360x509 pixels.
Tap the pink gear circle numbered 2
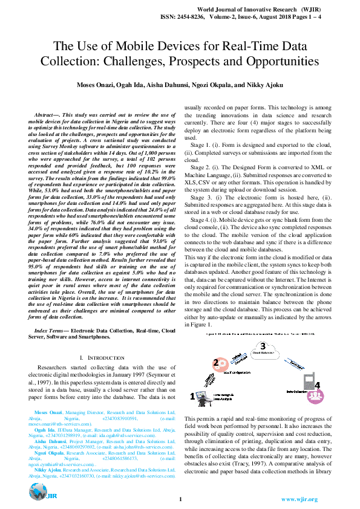click(x=216, y=364)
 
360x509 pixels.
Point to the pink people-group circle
click(x=315, y=397)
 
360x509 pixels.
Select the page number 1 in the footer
click(x=180, y=499)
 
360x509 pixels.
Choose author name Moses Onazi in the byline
click(x=96, y=85)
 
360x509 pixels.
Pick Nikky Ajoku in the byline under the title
click(x=267, y=85)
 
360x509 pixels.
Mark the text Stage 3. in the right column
click(x=201, y=198)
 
